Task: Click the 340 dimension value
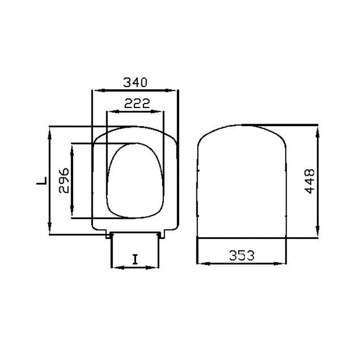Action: click(135, 82)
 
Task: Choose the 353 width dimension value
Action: click(242, 256)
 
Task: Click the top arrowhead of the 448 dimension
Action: click(318, 129)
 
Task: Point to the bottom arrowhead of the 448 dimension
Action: click(318, 234)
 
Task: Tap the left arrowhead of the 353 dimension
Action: click(201, 264)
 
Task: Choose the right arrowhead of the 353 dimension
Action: click(283, 264)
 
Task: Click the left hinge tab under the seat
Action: click(108, 236)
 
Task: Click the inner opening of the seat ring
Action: click(135, 180)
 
